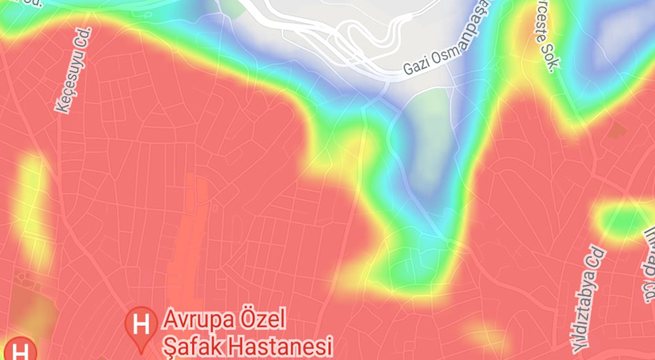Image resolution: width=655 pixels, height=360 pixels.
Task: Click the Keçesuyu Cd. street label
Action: (73, 71)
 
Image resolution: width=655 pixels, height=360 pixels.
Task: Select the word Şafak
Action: (189, 344)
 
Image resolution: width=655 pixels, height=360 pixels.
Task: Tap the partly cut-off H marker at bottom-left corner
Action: (20, 350)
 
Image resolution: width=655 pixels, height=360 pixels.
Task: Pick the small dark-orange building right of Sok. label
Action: (616, 130)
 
